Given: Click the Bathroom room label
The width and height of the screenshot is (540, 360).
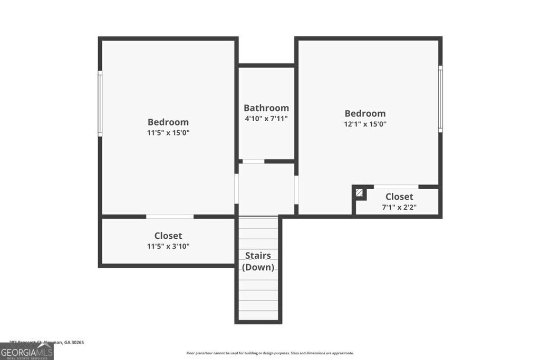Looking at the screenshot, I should click(x=266, y=108).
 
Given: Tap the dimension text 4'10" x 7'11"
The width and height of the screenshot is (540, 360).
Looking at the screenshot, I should click(x=266, y=119).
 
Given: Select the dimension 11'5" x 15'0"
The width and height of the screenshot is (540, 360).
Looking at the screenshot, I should click(x=168, y=133).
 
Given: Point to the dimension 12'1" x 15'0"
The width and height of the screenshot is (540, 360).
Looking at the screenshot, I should click(x=365, y=124).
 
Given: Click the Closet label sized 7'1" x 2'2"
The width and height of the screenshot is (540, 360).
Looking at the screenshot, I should click(x=399, y=197).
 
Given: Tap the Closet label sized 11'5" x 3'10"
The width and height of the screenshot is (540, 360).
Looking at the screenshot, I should click(x=168, y=236).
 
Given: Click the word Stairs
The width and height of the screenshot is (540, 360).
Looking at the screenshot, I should click(x=258, y=256).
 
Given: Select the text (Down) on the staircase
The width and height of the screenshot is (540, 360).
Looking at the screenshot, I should click(x=258, y=267).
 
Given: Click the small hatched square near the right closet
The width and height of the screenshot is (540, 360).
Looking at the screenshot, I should click(x=359, y=193).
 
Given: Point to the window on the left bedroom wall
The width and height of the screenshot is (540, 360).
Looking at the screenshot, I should click(x=100, y=104).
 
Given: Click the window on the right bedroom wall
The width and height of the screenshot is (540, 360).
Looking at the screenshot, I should click(x=440, y=99).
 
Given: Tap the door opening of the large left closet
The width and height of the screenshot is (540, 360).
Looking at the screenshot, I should click(x=170, y=216).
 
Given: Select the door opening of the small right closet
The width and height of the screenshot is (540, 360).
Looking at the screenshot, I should click(x=396, y=187).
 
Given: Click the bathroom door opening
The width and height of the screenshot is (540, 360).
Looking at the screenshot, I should click(x=253, y=161).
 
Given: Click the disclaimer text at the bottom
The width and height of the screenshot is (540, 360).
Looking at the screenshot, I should click(x=269, y=353).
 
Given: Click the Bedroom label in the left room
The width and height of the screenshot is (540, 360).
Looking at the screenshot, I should click(x=168, y=122).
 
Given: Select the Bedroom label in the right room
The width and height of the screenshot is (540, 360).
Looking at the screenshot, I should click(x=365, y=113).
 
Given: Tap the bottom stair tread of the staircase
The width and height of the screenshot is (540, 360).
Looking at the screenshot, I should click(x=258, y=315).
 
